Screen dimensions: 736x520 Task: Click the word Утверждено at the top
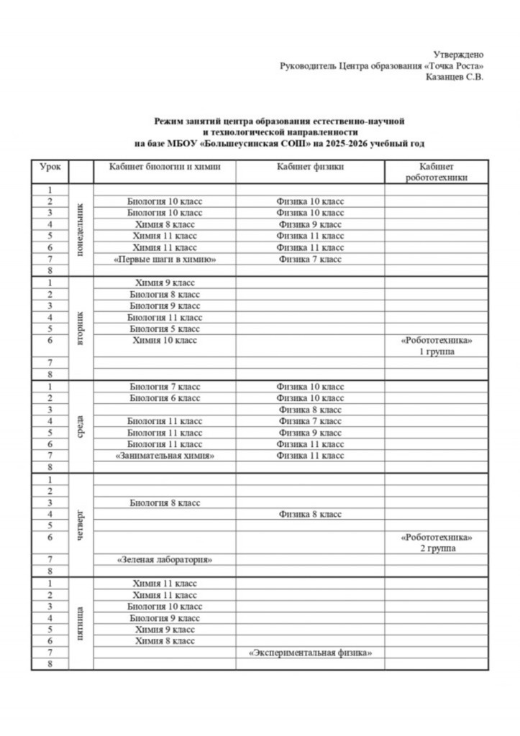tap(458, 55)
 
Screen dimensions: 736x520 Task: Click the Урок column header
tap(50, 167)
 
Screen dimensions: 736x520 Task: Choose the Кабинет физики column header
tap(310, 167)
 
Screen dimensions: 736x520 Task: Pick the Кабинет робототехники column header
tap(436, 172)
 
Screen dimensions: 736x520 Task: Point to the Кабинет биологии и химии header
tap(165, 167)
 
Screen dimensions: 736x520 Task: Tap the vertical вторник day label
tap(81, 328)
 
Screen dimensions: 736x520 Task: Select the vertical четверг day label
tap(81, 524)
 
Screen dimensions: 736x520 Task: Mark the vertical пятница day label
tap(81, 624)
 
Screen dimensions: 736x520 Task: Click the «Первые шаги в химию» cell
tap(165, 259)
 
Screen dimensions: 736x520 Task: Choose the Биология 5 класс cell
tap(165, 328)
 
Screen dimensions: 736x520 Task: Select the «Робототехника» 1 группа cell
tap(436, 346)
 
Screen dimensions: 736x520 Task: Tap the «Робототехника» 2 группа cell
tap(436, 542)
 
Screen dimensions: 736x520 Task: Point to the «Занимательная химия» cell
tap(165, 456)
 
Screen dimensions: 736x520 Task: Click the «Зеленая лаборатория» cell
tap(165, 559)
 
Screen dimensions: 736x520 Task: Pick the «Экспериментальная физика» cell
tap(310, 653)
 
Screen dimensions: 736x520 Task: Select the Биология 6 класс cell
tap(165, 398)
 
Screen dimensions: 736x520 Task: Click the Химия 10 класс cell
tap(165, 340)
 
